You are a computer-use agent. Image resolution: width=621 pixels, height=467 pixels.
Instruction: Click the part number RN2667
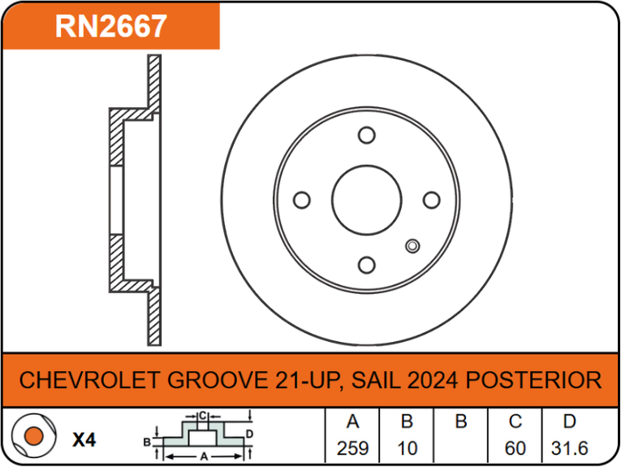pos(111,26)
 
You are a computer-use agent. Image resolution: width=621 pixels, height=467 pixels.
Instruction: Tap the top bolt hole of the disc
pos(367,135)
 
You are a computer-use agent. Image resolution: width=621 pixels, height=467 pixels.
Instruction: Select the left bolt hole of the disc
pos(302,200)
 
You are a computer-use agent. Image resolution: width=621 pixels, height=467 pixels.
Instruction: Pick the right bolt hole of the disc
pos(432,200)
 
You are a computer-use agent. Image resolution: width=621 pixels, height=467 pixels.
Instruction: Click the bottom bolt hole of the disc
pos(367,265)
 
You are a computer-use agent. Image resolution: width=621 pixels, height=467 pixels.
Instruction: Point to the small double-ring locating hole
pos(412,246)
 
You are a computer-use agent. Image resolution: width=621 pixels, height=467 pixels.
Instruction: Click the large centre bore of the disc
pos(367,200)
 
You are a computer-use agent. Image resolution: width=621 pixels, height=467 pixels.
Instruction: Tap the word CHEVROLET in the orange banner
pos(89,380)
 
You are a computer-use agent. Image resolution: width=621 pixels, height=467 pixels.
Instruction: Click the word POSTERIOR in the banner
pos(533,380)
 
